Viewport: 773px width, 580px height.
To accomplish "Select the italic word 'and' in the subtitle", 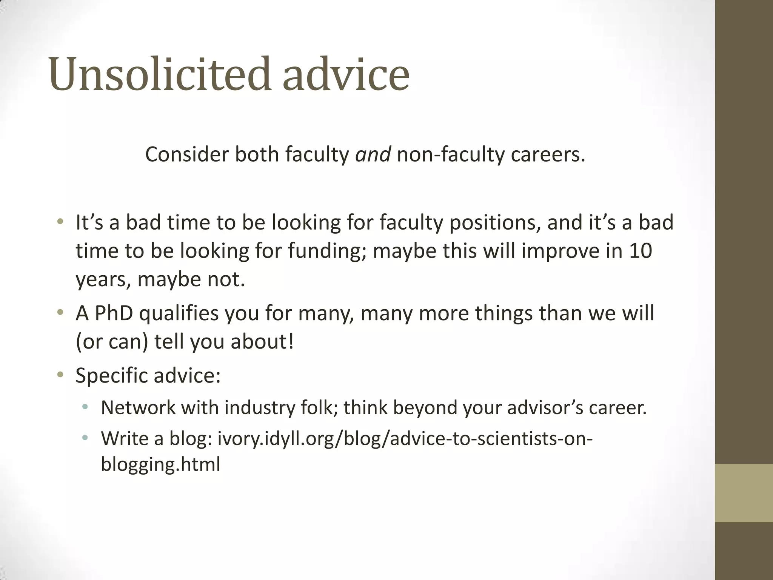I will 373,154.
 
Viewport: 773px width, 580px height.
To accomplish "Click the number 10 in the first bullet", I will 641,250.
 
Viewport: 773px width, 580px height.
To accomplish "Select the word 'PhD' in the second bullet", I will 114,313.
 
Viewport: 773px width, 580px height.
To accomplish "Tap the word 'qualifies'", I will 179,313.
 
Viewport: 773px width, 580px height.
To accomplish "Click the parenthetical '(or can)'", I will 112,341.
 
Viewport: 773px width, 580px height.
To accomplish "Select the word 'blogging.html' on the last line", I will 160,464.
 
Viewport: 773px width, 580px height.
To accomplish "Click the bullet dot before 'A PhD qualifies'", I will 60,313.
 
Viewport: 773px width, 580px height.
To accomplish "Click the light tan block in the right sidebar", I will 744,493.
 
